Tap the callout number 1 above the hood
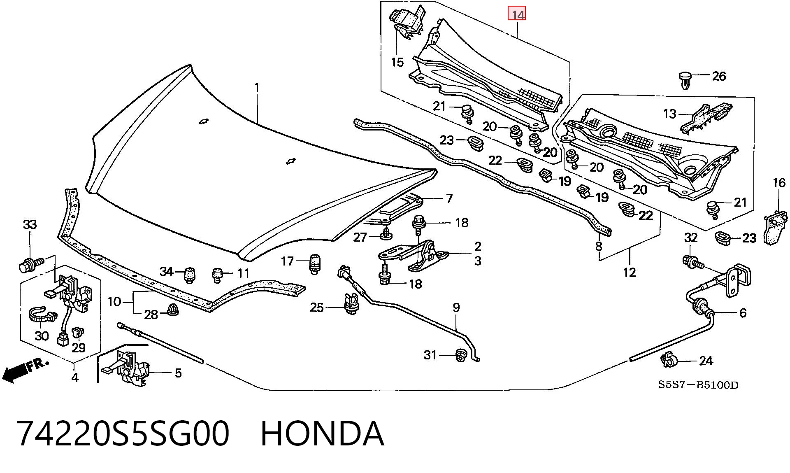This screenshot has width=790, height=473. click(x=257, y=88)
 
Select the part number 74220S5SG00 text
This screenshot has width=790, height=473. click(x=123, y=434)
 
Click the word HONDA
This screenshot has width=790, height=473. click(x=323, y=434)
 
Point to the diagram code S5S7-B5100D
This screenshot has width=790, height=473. click(x=698, y=385)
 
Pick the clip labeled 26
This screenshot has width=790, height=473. click(x=684, y=81)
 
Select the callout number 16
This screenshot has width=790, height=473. click(x=779, y=183)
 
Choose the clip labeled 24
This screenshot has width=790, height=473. click(x=669, y=361)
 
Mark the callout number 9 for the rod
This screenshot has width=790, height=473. click(x=456, y=308)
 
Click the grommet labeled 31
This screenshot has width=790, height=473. click(x=461, y=355)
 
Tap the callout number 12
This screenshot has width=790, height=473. click(x=630, y=272)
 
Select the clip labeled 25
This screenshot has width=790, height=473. click(x=351, y=304)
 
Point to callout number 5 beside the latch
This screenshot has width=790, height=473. click(x=178, y=373)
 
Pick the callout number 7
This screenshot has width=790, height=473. click(x=449, y=198)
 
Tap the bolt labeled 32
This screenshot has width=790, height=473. click(x=692, y=261)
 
